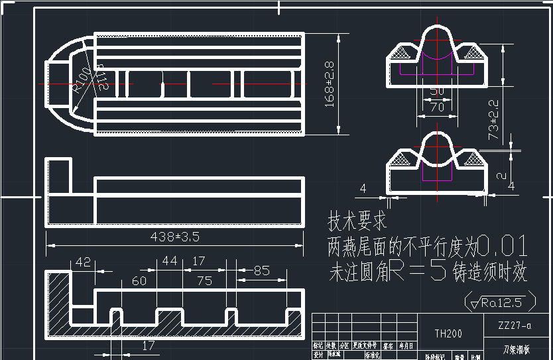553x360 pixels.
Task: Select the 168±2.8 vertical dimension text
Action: (x=329, y=84)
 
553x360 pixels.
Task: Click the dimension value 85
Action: (x=261, y=270)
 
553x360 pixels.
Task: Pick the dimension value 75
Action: (x=204, y=280)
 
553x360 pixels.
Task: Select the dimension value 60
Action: (x=139, y=280)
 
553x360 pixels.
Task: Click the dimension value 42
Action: (x=83, y=262)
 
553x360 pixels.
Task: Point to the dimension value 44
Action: (x=170, y=262)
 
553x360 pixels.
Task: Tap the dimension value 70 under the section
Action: (x=437, y=106)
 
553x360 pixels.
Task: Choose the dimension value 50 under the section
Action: (x=437, y=91)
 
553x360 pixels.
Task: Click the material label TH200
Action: (x=448, y=333)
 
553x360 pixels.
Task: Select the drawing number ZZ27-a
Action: (x=517, y=326)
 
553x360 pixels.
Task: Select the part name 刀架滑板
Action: (x=517, y=349)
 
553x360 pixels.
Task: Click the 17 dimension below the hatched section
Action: (x=149, y=345)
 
